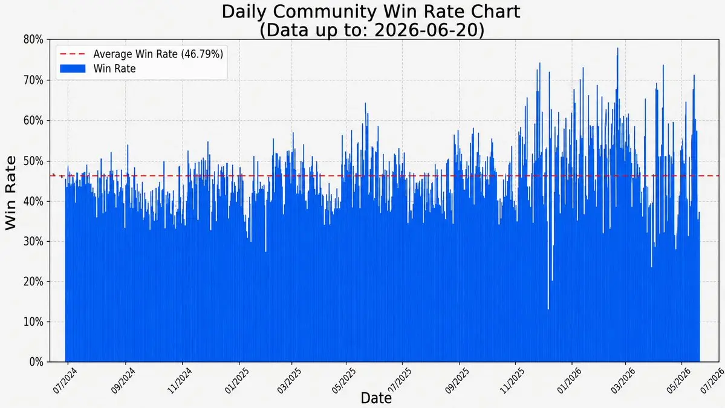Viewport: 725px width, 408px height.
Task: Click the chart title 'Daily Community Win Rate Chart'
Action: click(x=371, y=11)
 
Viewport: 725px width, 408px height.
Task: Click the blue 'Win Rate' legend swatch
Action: click(x=73, y=69)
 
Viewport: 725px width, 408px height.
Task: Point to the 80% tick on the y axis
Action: click(x=33, y=40)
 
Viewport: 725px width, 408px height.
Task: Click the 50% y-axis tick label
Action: click(x=33, y=161)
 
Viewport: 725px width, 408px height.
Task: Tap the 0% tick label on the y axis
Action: click(x=36, y=362)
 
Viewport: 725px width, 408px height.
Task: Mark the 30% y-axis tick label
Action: click(x=33, y=242)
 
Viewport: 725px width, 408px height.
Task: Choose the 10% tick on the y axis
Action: click(x=33, y=322)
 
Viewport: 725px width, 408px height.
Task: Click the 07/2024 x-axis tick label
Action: click(x=65, y=381)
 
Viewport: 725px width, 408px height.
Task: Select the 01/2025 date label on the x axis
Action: click(x=237, y=381)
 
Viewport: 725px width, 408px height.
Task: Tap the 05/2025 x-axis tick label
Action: click(x=343, y=381)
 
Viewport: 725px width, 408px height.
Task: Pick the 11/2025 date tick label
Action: click(x=512, y=381)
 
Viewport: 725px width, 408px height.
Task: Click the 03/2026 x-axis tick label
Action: click(x=623, y=381)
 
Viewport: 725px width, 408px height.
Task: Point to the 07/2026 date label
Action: click(x=712, y=381)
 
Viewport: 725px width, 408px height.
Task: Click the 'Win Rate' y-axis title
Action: click(x=10, y=193)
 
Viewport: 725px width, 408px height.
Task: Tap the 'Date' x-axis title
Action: click(x=376, y=398)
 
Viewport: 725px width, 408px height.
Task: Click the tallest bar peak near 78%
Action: click(x=617, y=48)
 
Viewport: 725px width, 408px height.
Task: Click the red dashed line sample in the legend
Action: click(x=73, y=54)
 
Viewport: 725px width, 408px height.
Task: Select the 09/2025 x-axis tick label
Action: click(x=457, y=381)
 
